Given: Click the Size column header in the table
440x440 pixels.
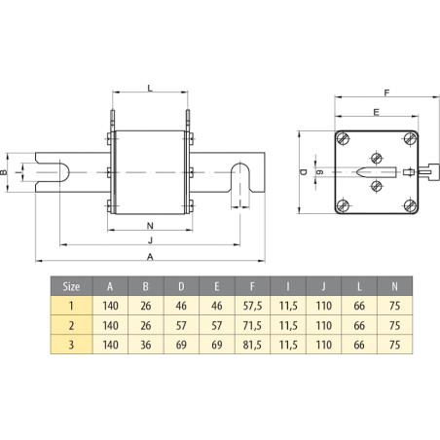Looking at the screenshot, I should coord(71,287).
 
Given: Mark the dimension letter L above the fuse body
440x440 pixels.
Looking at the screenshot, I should coord(150,88).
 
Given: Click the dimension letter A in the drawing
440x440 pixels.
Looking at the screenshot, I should coord(150,256).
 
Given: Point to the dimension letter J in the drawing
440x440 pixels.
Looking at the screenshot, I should coord(150,239).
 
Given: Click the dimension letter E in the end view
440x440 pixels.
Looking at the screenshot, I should coord(376,112).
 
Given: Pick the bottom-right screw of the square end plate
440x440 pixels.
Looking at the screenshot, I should coord(409,205).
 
